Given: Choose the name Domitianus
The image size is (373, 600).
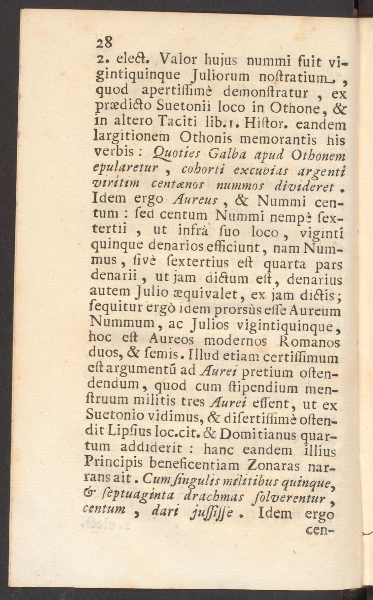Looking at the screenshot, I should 259,435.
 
